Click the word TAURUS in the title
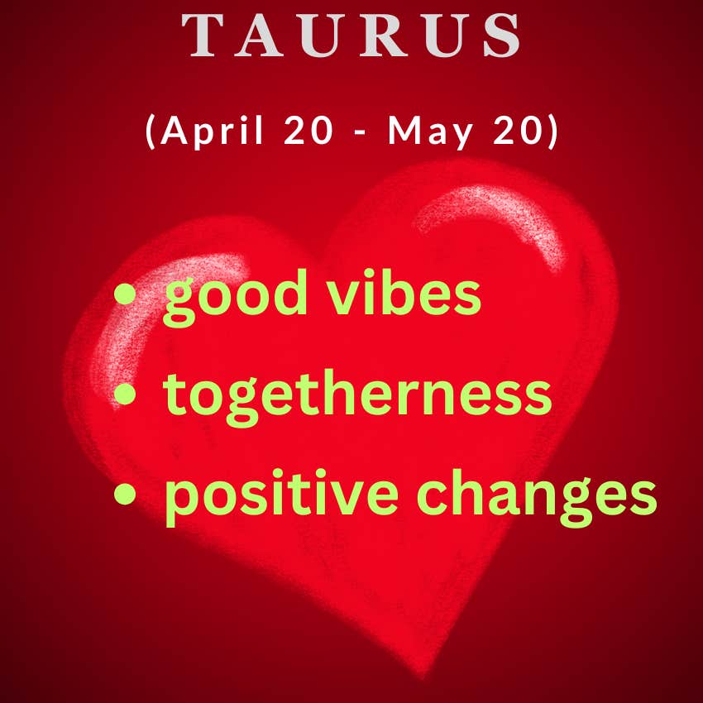tap(351, 36)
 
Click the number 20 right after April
tap(309, 131)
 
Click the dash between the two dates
tap(361, 134)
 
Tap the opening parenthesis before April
tap(151, 132)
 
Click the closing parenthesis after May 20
tap(552, 132)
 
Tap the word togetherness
tap(357, 398)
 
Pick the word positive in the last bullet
tap(280, 497)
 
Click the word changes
tap(537, 497)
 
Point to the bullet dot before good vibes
tap(125, 294)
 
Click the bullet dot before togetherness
tap(125, 394)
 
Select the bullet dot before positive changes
tap(125, 494)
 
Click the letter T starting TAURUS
tap(202, 36)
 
